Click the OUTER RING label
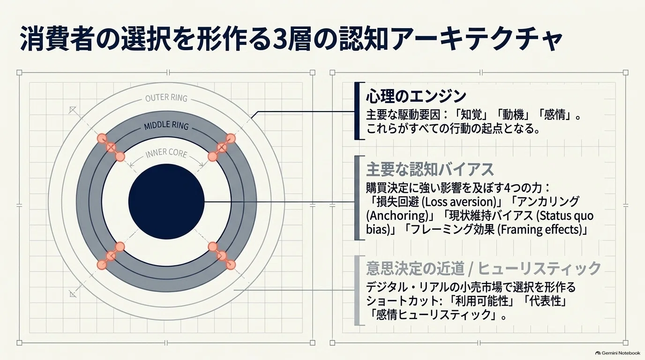(166, 98)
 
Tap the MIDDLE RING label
(166, 125)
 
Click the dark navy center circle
(166, 202)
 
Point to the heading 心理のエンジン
(416, 96)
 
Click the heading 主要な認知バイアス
(430, 169)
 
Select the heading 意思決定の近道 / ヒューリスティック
(483, 269)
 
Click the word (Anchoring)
(397, 216)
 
